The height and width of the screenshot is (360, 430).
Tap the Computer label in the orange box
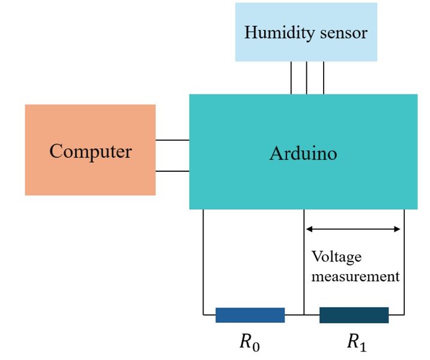[x=90, y=151]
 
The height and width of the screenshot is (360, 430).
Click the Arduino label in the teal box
[x=303, y=153]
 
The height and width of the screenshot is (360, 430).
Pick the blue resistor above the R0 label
[x=250, y=315]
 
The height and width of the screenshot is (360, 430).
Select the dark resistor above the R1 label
[x=354, y=315]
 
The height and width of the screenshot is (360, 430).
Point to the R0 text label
[x=249, y=343]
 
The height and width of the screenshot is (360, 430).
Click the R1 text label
[x=356, y=343]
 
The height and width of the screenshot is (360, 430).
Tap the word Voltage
[x=336, y=257]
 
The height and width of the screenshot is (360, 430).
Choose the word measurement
[x=355, y=276]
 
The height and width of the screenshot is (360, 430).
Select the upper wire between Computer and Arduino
[x=172, y=140]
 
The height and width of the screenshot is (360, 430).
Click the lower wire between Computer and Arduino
[x=172, y=171]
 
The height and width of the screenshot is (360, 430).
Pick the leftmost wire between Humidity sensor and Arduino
[x=291, y=78]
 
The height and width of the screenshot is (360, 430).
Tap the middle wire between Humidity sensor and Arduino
[x=307, y=78]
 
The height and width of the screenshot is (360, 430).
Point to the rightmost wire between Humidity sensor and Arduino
[x=324, y=78]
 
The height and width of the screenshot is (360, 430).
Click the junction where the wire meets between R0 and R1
[x=304, y=314]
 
